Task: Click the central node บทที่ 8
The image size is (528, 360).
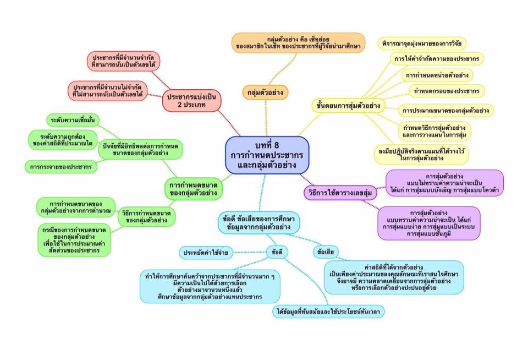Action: point(267,155)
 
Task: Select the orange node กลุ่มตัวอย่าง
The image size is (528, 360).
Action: point(266,92)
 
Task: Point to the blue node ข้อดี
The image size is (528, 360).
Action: point(277,252)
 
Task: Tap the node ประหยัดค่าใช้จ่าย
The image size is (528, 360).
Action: point(207,253)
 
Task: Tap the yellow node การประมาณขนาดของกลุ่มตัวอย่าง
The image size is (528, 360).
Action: point(446,110)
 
